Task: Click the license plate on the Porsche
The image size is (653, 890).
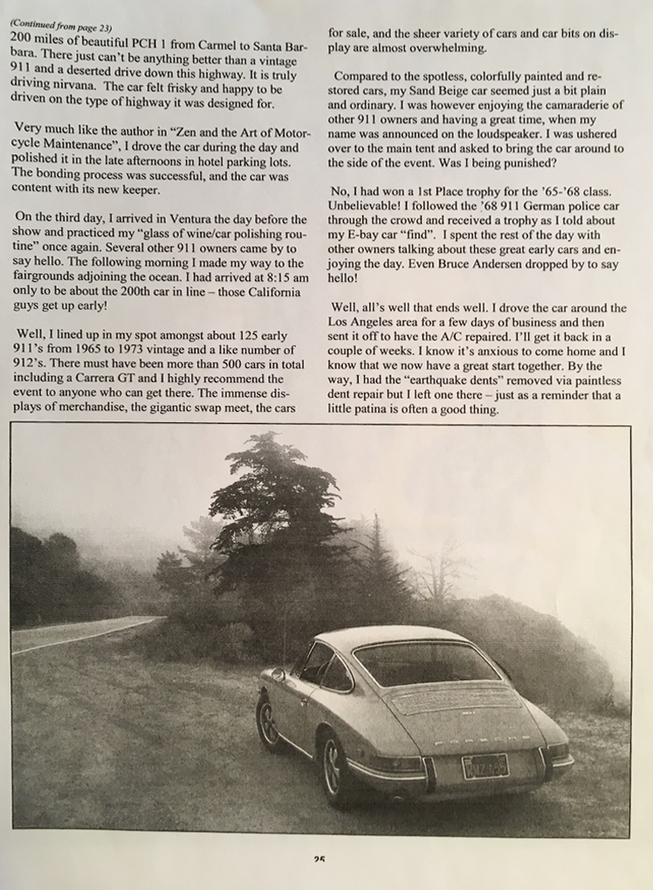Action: coord(485,766)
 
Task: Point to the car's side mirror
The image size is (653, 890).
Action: coord(278,674)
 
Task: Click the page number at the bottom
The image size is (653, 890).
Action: coord(320,859)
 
